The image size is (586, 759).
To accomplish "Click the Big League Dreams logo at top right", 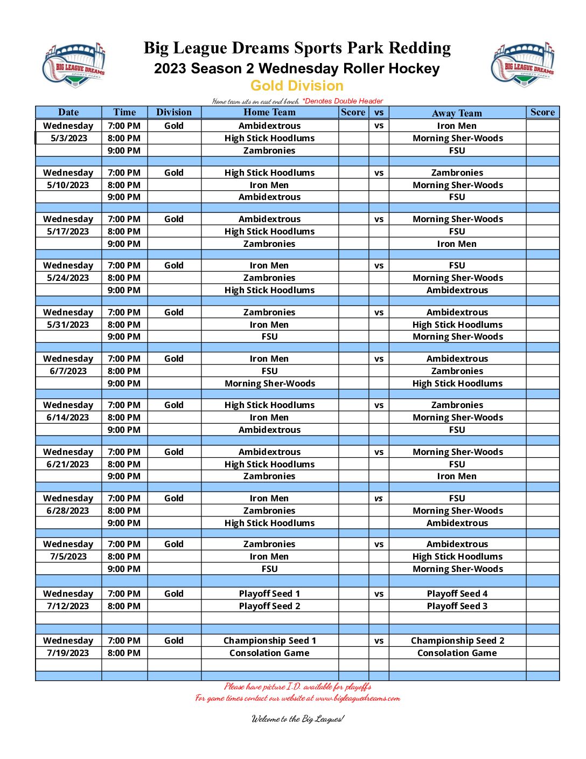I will [x=523, y=65].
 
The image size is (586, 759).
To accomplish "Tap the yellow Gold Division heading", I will [x=297, y=86].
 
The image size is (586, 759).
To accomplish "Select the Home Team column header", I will [x=269, y=112].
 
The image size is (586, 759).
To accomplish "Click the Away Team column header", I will [x=457, y=113].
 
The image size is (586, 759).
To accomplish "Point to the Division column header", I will [x=174, y=112].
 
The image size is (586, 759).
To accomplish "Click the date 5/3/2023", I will [x=68, y=138].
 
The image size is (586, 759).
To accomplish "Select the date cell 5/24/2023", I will [x=68, y=278].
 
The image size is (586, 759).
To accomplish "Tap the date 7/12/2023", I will [x=68, y=606].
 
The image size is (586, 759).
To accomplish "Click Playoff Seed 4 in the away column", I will [x=457, y=594].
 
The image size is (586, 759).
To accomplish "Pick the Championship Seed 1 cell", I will [x=269, y=640].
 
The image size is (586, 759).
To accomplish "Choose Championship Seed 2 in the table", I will [x=457, y=640].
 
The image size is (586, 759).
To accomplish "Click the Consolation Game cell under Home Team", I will [x=269, y=653].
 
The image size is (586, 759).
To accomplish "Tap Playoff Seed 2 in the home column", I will [x=269, y=606].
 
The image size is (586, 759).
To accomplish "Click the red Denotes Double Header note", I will [x=343, y=101].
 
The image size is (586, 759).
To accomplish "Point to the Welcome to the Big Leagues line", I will [x=298, y=719].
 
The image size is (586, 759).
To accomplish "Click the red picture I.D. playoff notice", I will [x=298, y=686].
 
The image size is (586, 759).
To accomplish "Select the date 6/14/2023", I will [x=68, y=417].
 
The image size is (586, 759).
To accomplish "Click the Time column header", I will [x=124, y=112].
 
